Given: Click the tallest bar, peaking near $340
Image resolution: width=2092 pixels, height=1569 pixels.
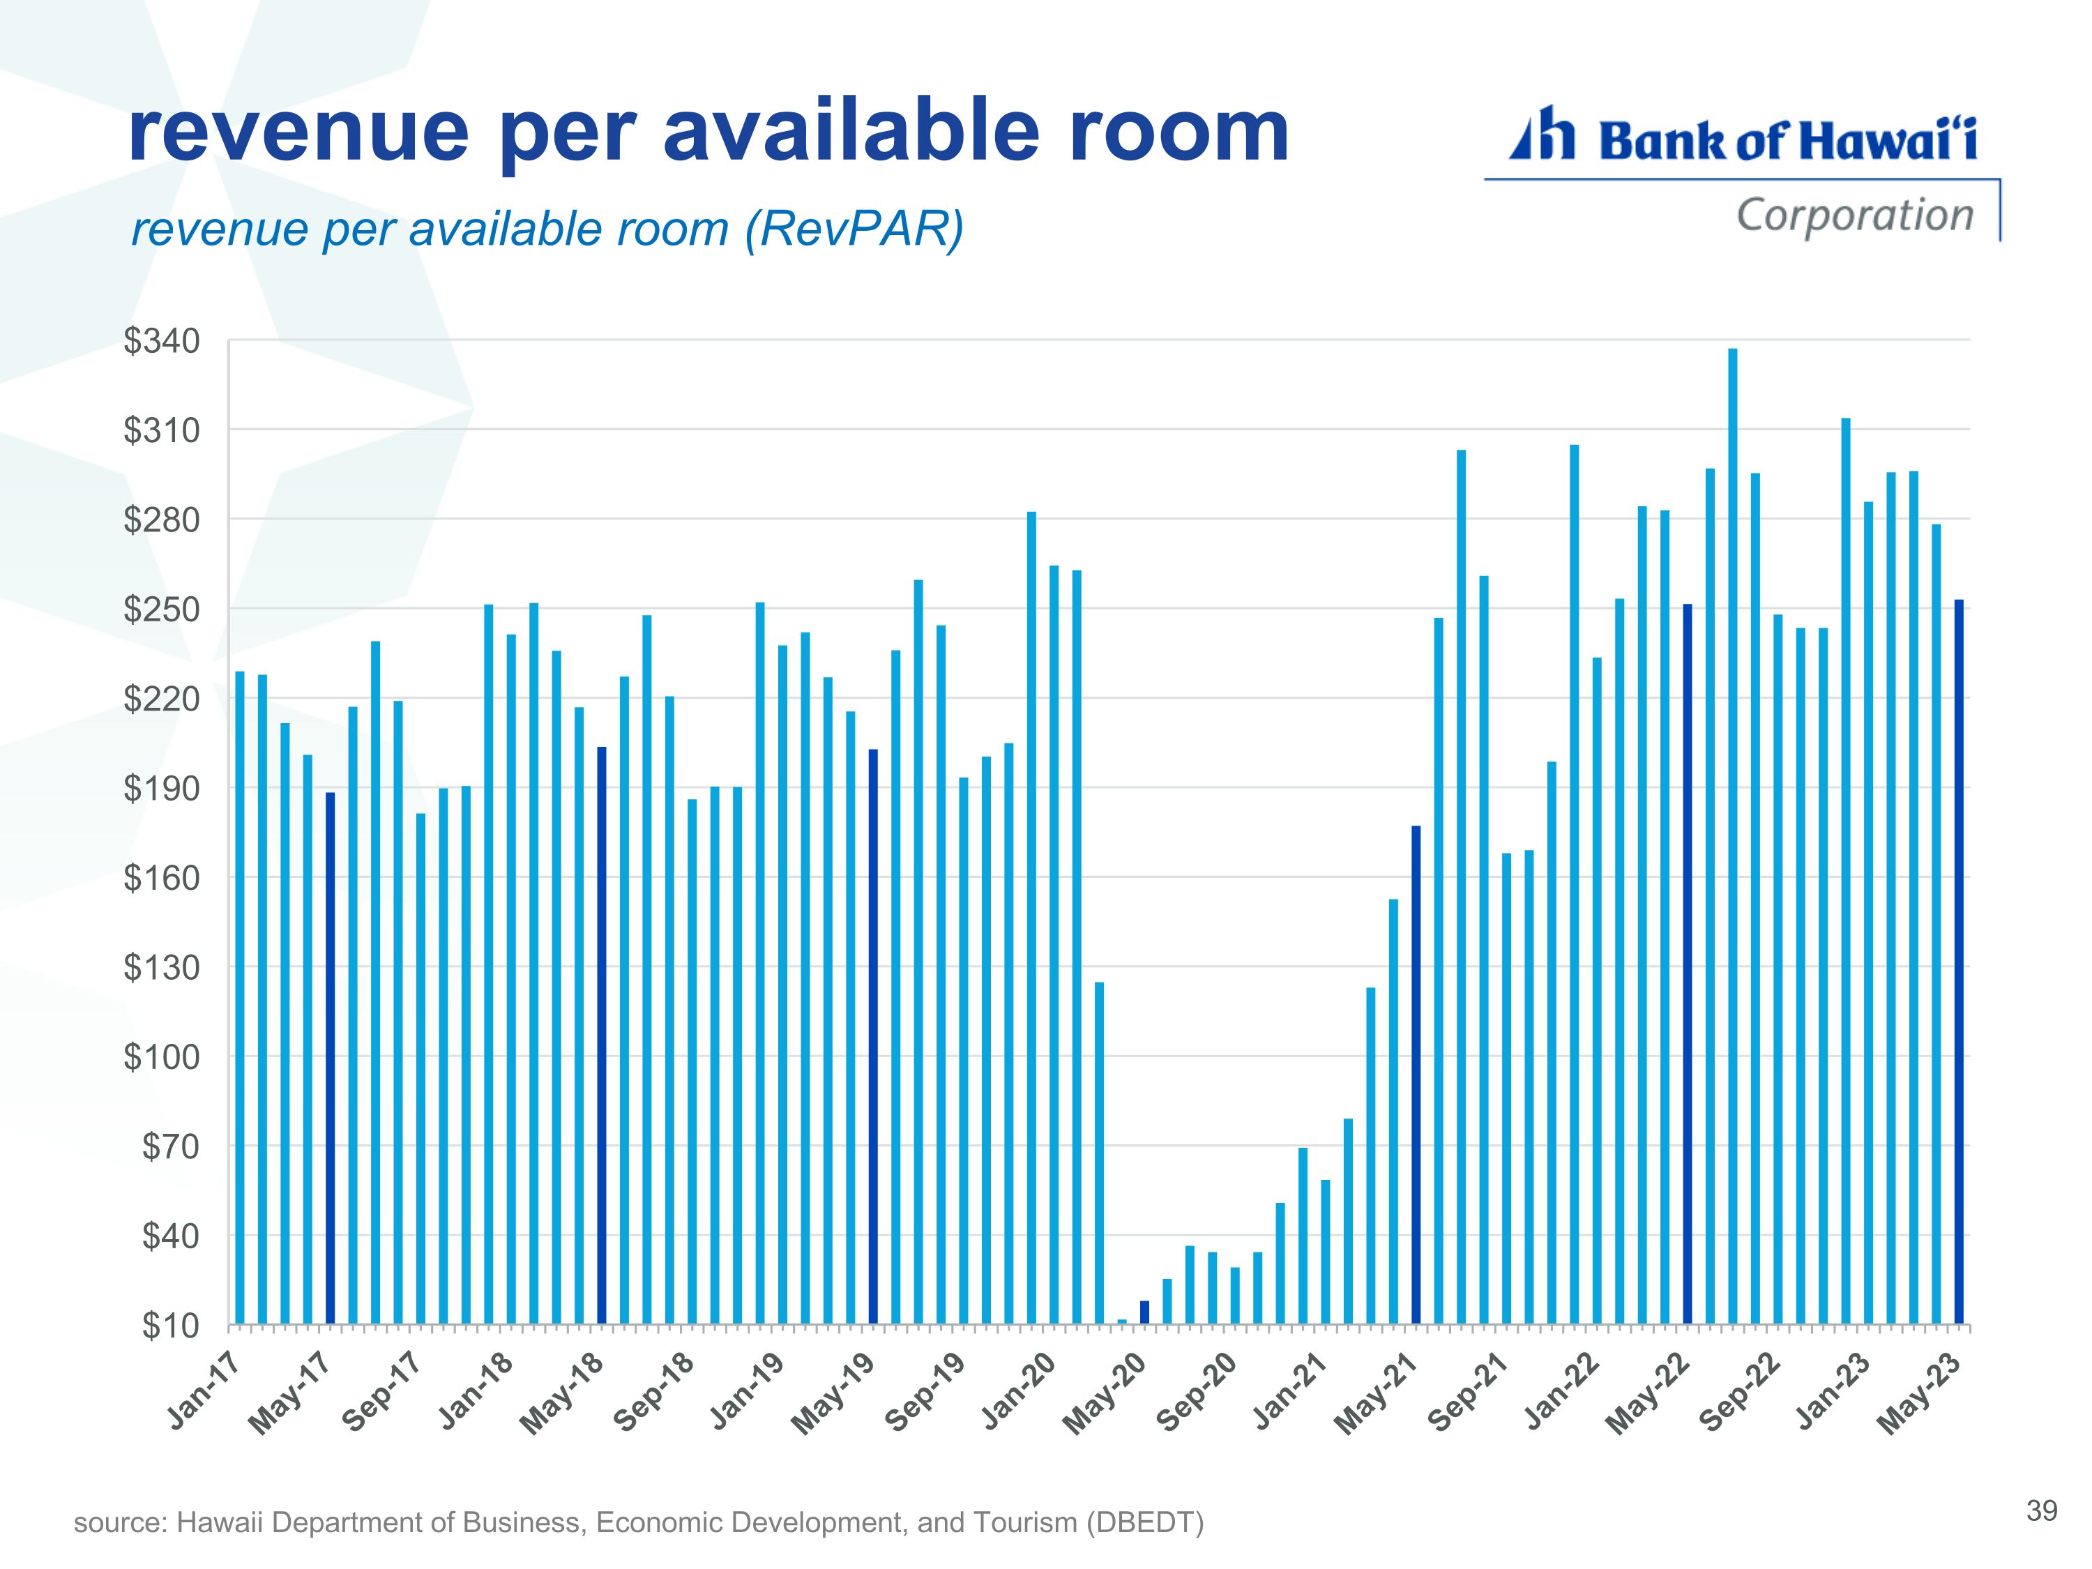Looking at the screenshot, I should [1733, 832].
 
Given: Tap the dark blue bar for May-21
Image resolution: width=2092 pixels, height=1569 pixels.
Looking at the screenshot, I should [1416, 1073].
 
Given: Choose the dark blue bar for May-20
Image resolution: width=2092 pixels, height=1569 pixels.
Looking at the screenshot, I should [1144, 1312].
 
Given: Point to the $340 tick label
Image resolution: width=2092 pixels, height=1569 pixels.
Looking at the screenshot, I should [162, 342].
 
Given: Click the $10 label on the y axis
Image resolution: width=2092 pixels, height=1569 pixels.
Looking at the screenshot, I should [171, 1326].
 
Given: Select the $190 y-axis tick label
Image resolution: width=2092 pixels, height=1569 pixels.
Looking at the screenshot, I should [162, 789].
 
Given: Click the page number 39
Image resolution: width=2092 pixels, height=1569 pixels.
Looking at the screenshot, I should [2042, 1510].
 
